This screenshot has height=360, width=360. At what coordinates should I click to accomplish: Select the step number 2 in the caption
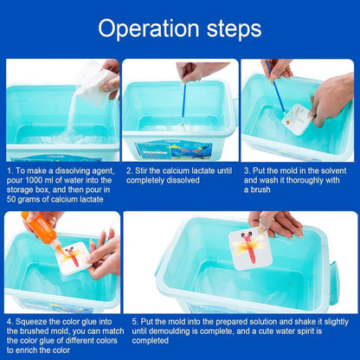(x=127, y=171)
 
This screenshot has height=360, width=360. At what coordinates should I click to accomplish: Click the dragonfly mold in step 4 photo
(x=74, y=256)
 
